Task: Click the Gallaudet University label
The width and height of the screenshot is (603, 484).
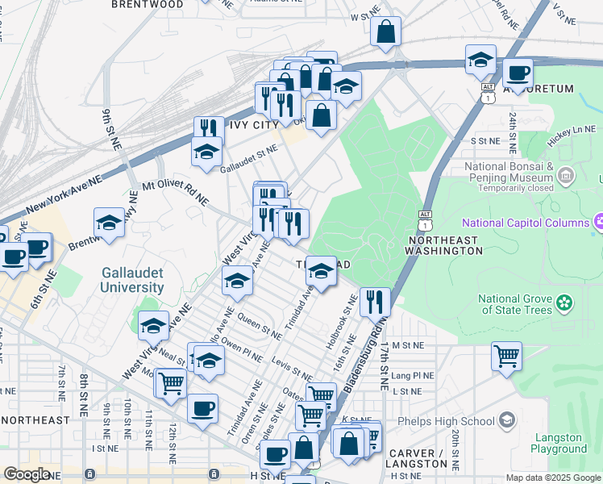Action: click(x=133, y=280)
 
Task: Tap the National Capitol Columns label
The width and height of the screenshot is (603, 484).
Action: click(x=526, y=222)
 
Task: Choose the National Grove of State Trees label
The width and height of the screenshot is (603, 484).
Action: click(x=516, y=303)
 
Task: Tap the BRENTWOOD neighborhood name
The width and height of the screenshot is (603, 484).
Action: click(x=147, y=4)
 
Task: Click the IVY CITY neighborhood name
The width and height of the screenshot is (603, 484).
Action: click(x=253, y=126)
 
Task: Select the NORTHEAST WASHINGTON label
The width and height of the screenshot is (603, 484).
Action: click(x=445, y=246)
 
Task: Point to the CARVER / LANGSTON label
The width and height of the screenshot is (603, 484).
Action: click(x=418, y=458)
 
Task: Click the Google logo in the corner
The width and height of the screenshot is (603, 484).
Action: click(x=27, y=474)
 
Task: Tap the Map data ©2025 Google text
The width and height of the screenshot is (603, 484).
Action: click(x=554, y=478)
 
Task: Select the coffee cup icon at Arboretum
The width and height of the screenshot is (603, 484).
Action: click(x=518, y=73)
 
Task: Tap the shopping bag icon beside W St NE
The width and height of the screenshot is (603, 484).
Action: click(x=386, y=31)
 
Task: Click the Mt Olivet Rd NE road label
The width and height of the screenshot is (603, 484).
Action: click(x=175, y=191)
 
